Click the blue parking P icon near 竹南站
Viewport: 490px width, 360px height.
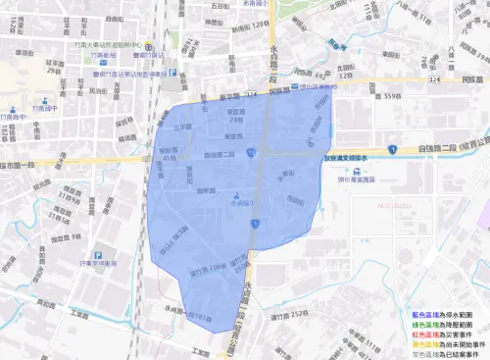(172, 71)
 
